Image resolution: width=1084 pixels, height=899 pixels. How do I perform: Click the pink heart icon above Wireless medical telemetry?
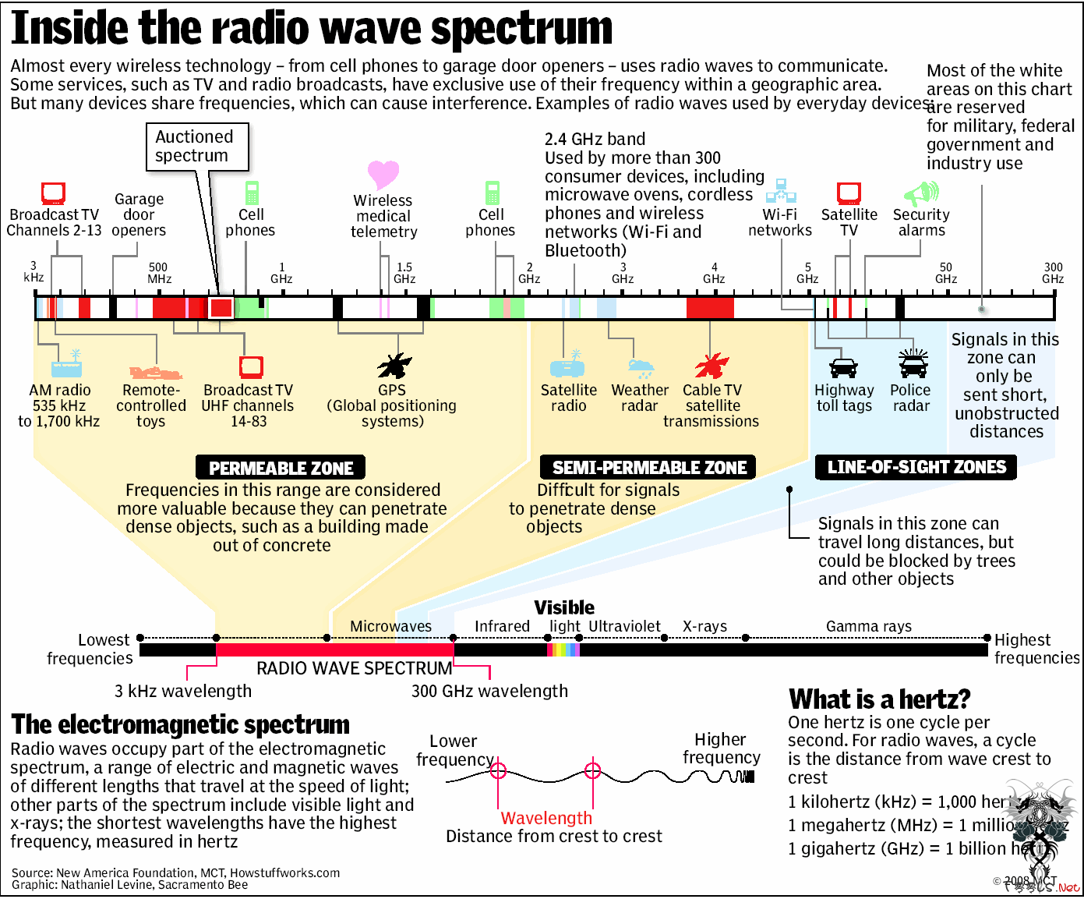click(x=383, y=174)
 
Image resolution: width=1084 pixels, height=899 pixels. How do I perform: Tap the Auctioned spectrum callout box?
click(x=197, y=147)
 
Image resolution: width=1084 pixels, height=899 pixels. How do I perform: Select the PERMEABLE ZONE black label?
click(x=281, y=468)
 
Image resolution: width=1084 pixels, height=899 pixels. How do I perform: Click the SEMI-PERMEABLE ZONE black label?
click(x=648, y=467)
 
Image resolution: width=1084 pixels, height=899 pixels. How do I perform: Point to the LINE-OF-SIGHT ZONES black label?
click(x=916, y=467)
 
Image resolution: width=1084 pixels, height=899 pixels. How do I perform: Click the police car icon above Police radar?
click(x=913, y=364)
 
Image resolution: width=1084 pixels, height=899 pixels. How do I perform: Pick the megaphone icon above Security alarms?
click(x=921, y=193)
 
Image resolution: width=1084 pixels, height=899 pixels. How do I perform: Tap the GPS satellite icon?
click(x=394, y=364)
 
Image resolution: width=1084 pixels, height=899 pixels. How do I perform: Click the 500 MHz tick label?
click(x=159, y=273)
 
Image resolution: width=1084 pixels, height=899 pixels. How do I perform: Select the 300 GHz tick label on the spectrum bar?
click(x=1053, y=273)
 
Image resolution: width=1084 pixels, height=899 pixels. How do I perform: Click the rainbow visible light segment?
click(x=563, y=649)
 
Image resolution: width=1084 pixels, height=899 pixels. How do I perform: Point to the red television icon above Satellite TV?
click(x=849, y=193)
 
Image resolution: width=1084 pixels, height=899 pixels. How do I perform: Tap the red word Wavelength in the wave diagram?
click(x=546, y=818)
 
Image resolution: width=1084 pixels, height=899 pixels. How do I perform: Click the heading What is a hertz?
click(x=879, y=699)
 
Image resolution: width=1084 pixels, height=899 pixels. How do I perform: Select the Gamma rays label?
click(x=868, y=626)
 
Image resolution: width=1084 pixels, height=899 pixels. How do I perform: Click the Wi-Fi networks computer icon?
click(x=780, y=191)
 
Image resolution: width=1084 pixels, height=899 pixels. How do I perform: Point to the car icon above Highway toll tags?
click(x=843, y=367)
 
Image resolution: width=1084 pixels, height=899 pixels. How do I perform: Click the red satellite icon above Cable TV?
click(x=711, y=365)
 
